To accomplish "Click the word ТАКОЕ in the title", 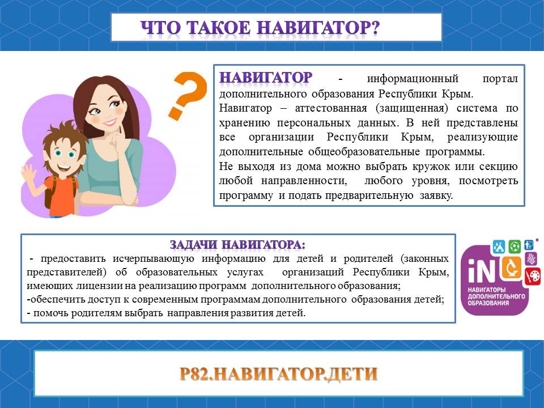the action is pyautogui.click(x=220, y=28).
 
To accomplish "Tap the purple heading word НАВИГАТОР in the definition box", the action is pyautogui.click(x=266, y=78).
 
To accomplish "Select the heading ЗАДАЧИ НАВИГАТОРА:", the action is pyautogui.click(x=237, y=245).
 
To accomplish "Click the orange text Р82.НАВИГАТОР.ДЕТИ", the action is pyautogui.click(x=279, y=373).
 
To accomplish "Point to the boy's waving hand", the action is pyautogui.click(x=28, y=173).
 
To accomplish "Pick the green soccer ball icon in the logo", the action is pyautogui.click(x=515, y=246).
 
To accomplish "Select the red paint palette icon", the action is pyautogui.click(x=533, y=277).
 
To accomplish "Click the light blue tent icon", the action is pyautogui.click(x=499, y=246).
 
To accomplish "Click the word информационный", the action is pyautogui.click(x=413, y=78).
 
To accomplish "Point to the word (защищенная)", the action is pyautogui.click(x=411, y=108).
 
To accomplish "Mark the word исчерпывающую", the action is pyautogui.click(x=153, y=258).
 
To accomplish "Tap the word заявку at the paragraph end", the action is pyautogui.click(x=436, y=195).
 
